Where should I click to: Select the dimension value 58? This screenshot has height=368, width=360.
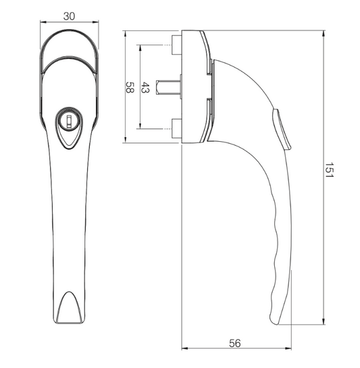[x=130, y=87]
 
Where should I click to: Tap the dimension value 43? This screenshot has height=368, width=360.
[x=145, y=87]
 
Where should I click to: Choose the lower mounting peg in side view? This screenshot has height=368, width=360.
[x=176, y=128]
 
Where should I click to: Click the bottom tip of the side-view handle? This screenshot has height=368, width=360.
[x=279, y=323]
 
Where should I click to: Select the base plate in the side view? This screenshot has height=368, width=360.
[x=195, y=87]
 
